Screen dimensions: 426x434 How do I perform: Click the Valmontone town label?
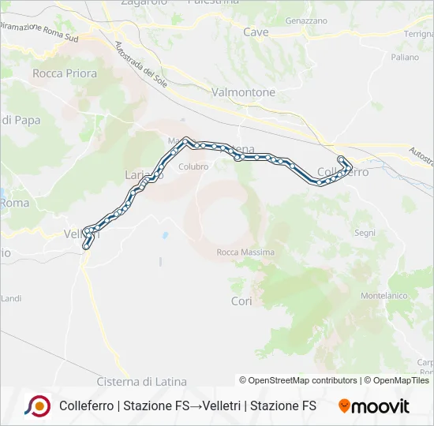[x=243, y=92]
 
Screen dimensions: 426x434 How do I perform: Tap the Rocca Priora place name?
[x=65, y=73]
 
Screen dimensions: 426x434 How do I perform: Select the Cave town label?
[x=256, y=32]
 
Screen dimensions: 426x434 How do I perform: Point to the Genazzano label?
[x=306, y=20]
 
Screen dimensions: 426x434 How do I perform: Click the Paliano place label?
[x=405, y=58]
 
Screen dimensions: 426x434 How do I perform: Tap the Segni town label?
[x=365, y=233]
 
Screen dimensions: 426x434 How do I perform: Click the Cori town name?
[x=241, y=301]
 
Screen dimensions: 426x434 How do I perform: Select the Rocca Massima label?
[x=245, y=252]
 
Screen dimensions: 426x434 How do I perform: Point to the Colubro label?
[x=193, y=166]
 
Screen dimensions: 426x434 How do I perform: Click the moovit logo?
[x=374, y=406]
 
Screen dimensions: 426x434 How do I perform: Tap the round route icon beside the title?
[x=37, y=406]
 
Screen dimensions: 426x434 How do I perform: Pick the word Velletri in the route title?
[x=221, y=406]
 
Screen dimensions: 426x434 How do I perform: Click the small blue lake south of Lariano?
[x=165, y=235]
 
